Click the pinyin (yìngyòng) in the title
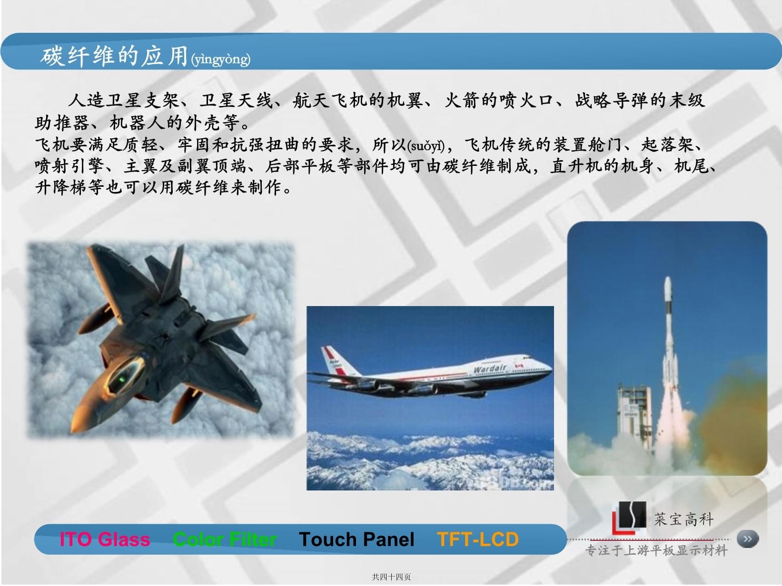[x=220, y=59]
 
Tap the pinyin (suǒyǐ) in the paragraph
[x=426, y=145]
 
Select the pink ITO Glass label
[x=105, y=539]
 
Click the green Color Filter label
[x=224, y=539]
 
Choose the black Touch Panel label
[x=356, y=539]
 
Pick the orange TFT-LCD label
[x=478, y=539]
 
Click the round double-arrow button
[x=747, y=539]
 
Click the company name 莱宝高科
[x=683, y=519]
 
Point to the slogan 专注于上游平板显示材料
[x=656, y=551]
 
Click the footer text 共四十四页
[x=391, y=577]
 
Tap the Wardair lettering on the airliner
[x=490, y=369]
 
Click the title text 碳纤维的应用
[x=114, y=56]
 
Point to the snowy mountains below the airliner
[x=428, y=461]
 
